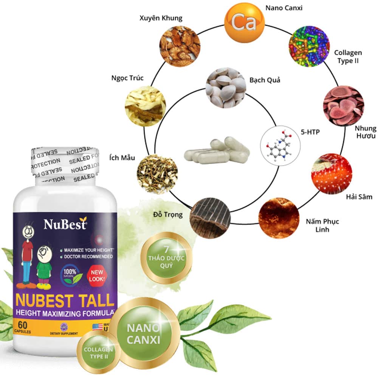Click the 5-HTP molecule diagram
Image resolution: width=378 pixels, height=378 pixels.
[x=280, y=145]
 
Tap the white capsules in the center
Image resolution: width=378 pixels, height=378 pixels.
[x=215, y=151]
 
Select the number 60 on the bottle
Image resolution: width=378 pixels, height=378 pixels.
[x=22, y=325]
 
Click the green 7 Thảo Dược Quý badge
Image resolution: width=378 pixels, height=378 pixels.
[x=166, y=259]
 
